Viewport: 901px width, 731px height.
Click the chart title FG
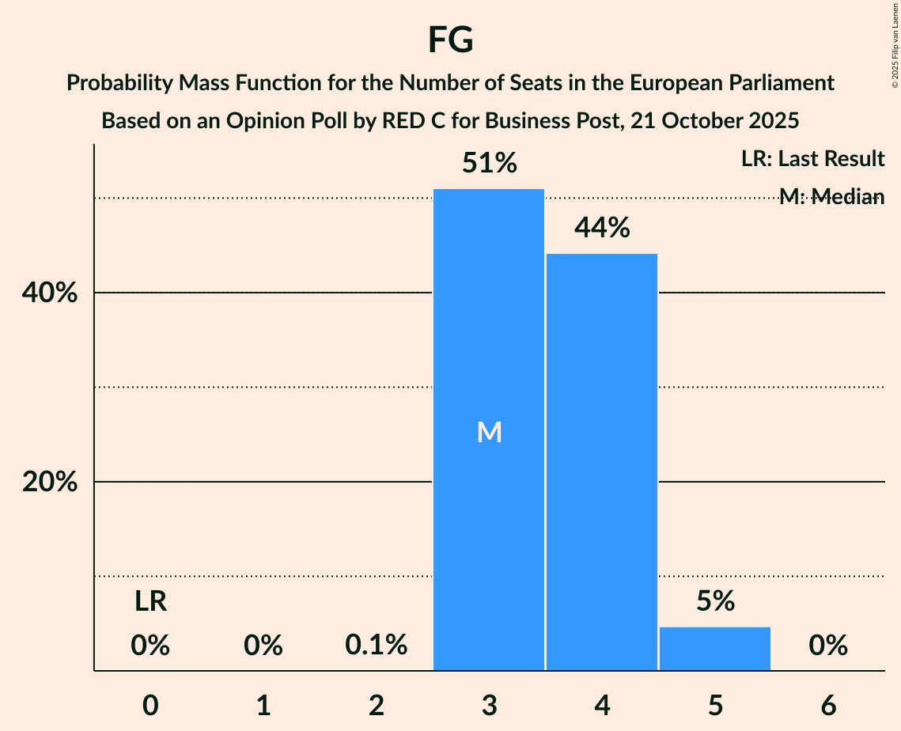pyautogui.click(x=450, y=40)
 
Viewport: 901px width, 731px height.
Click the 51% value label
pyautogui.click(x=489, y=164)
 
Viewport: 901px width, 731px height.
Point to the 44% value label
pyautogui.click(x=602, y=229)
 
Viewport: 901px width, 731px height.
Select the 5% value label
pyautogui.click(x=715, y=602)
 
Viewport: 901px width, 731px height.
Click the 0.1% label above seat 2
pyautogui.click(x=377, y=646)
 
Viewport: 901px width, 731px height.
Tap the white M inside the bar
pyautogui.click(x=489, y=432)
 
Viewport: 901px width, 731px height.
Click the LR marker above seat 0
pyautogui.click(x=150, y=602)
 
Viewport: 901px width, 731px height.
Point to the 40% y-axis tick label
pyautogui.click(x=49, y=294)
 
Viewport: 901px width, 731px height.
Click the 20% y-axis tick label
pyautogui.click(x=49, y=483)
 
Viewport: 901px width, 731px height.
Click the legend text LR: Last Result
pyautogui.click(x=812, y=159)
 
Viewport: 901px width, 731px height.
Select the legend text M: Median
pyautogui.click(x=831, y=197)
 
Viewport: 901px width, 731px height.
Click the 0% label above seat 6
pyautogui.click(x=828, y=646)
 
